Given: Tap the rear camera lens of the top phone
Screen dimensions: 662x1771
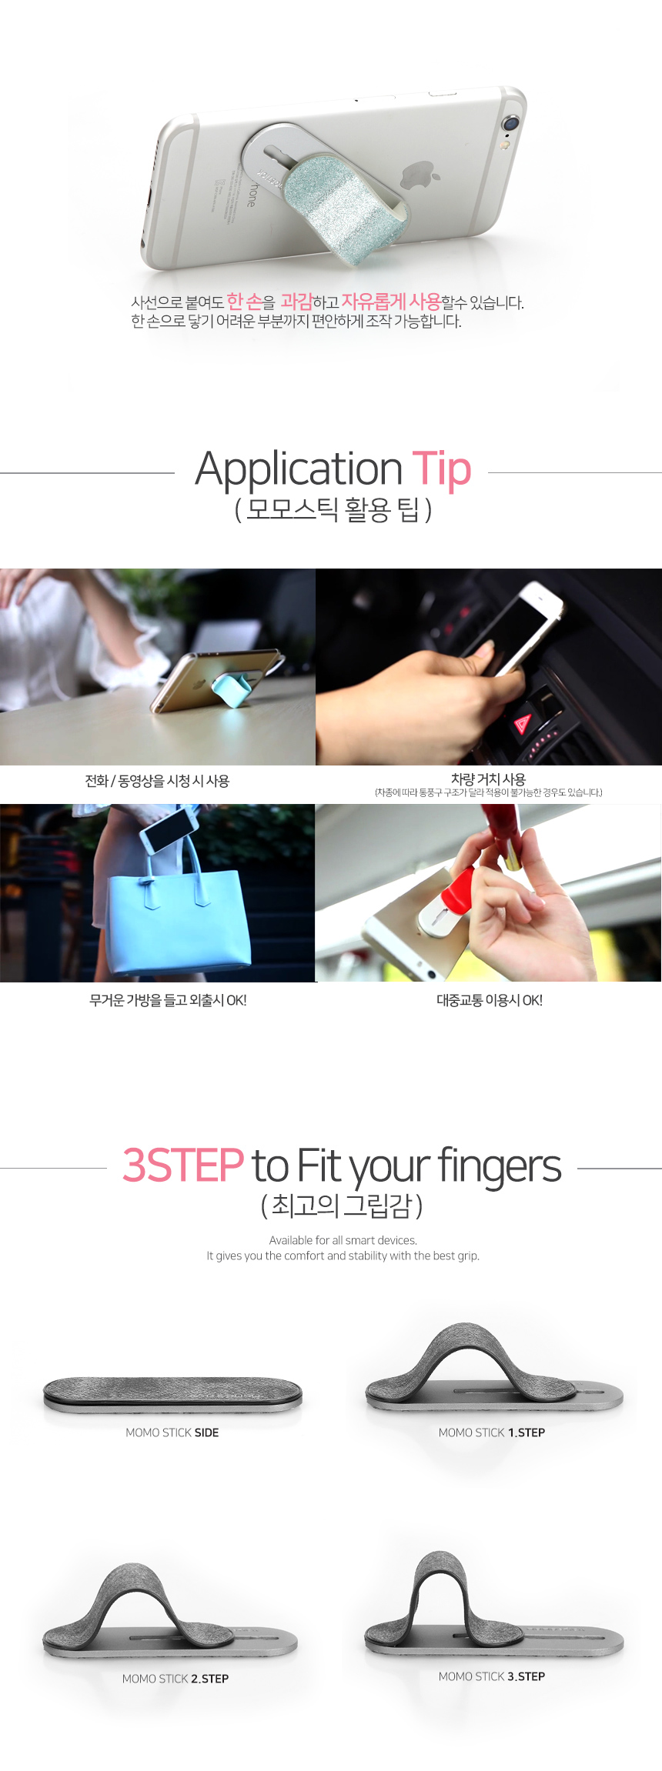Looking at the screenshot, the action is point(510,123).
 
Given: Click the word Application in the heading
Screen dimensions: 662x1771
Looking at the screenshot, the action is point(299,470).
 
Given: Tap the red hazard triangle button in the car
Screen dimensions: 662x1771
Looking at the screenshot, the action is point(523,723).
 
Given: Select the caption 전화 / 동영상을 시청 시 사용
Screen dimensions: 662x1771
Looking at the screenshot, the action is point(157,781).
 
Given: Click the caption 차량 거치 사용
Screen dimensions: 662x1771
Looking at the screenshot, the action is point(488,779).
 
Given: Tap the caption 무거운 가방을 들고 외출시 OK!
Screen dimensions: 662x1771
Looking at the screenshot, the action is point(168,1000).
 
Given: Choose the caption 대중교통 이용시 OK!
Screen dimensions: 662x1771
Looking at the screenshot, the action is point(490,1000).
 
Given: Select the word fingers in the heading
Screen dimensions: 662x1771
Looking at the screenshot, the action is point(500,1167).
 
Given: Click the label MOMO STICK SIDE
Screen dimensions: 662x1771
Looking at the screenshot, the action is point(172,1432).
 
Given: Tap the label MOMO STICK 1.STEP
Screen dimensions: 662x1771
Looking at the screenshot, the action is point(492,1432).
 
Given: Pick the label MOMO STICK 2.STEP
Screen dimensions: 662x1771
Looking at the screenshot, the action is point(176,1679).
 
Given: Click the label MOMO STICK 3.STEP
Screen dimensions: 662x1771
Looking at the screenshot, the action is point(492,1676).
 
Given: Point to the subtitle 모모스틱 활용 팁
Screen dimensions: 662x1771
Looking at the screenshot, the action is point(333,509).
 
